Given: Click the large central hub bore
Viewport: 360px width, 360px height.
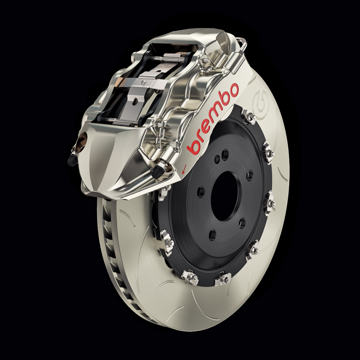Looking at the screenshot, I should click(x=224, y=197).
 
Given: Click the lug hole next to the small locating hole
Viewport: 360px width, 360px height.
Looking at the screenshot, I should click(x=225, y=155).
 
